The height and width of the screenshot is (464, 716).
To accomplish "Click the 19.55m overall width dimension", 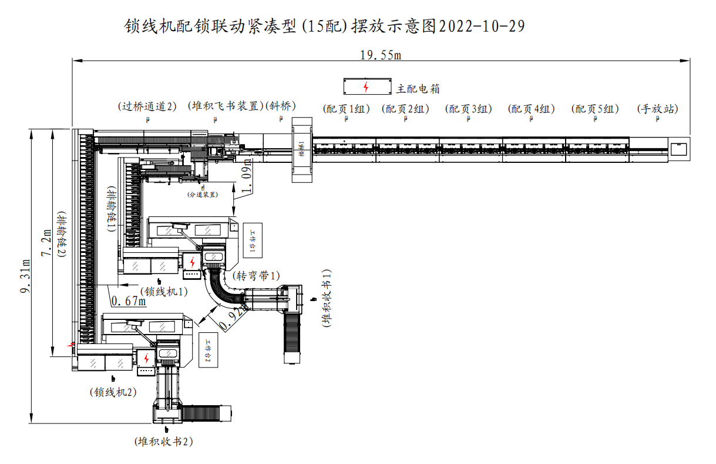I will pyautogui.click(x=380, y=55).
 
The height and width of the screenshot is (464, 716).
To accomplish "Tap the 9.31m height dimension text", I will pyautogui.click(x=25, y=278).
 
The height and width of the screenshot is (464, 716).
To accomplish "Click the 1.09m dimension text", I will pyautogui.click(x=247, y=176).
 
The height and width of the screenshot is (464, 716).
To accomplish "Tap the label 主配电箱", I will pyautogui.click(x=418, y=89).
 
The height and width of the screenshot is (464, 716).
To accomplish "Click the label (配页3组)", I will pyautogui.click(x=468, y=109).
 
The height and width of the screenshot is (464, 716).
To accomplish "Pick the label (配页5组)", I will pyautogui.click(x=595, y=109).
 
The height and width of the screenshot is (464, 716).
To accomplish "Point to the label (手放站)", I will pyautogui.click(x=657, y=109).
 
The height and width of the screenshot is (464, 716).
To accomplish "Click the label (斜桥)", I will pyautogui.click(x=281, y=106).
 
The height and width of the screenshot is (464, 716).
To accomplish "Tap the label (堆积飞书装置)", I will pyautogui.click(x=225, y=106).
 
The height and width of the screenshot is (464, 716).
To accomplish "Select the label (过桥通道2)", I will pyautogui.click(x=147, y=106).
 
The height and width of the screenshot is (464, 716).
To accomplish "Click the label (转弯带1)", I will pyautogui.click(x=256, y=275).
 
